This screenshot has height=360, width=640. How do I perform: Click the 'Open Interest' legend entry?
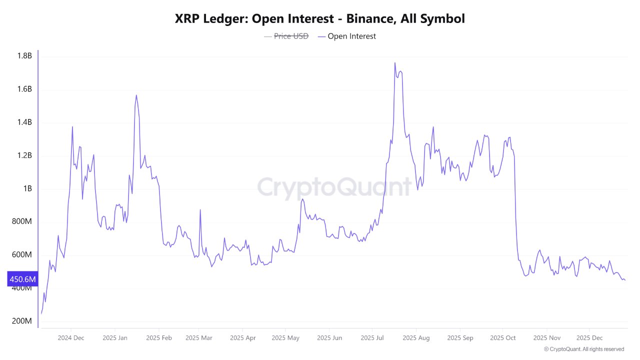tap(351, 36)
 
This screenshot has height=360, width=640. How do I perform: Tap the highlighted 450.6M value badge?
tap(22, 279)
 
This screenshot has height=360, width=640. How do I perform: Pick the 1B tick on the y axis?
tap(26, 188)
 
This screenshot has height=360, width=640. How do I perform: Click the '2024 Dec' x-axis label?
tap(71, 338)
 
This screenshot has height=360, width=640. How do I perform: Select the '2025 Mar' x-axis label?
tap(198, 338)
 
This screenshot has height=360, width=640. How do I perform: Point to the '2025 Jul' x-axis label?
tap(372, 338)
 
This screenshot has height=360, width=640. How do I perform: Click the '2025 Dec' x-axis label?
tap(589, 338)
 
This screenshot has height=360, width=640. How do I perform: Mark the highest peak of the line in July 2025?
tap(394, 63)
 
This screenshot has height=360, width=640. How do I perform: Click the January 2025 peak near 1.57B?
tap(136, 95)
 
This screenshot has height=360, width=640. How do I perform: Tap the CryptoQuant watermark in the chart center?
tap(334, 188)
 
